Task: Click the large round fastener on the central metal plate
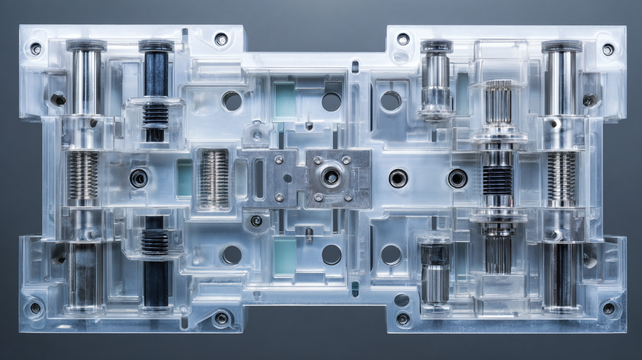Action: (x=331, y=177)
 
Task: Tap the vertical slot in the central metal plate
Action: (x=259, y=179)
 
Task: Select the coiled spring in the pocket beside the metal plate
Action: (x=215, y=178)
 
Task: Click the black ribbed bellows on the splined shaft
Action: (x=498, y=180)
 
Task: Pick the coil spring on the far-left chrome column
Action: (x=83, y=175)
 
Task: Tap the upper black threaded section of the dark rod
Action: (x=155, y=114)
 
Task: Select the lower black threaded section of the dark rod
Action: (x=155, y=242)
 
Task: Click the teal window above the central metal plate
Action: (x=284, y=100)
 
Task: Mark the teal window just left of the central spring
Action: (x=184, y=177)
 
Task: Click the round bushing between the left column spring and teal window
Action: (x=139, y=178)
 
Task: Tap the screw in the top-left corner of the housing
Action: (x=35, y=49)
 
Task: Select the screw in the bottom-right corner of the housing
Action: (x=608, y=308)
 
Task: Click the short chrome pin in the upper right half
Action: (x=436, y=79)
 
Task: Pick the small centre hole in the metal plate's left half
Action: (x=287, y=178)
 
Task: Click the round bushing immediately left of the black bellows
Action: (x=458, y=178)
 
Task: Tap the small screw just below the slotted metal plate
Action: (x=256, y=221)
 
